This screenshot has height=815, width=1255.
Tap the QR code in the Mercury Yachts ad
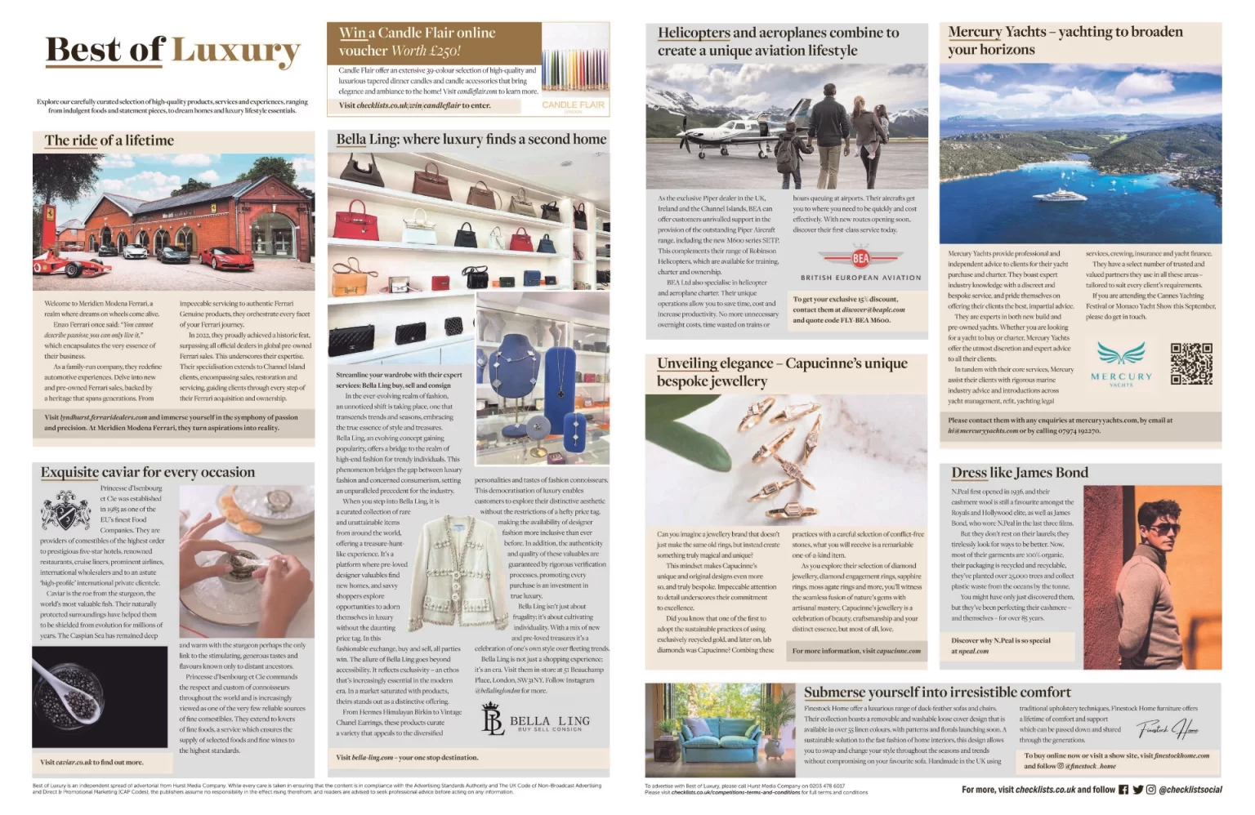[x=1190, y=363]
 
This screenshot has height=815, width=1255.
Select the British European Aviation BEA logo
[x=860, y=259]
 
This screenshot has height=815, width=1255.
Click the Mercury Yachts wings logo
[x=1121, y=354]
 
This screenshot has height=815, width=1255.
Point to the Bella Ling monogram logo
[x=492, y=720]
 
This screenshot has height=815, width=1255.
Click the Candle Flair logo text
[x=574, y=105]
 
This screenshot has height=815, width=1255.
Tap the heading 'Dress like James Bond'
[x=1019, y=473]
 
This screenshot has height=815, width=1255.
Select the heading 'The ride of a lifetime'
[x=109, y=140]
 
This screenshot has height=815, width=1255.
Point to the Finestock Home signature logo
[x=1168, y=728]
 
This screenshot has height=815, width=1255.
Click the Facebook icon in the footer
[x=1123, y=790]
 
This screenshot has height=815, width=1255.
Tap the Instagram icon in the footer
[x=1150, y=790]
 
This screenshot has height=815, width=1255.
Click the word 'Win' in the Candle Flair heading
[x=352, y=33]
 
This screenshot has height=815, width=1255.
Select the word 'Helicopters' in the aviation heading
[x=694, y=33]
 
